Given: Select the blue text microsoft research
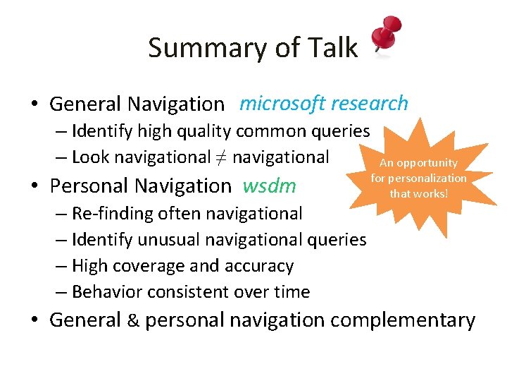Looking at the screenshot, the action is (323, 104).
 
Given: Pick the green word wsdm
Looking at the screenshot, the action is (269, 186).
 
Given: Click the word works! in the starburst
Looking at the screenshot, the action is (434, 193).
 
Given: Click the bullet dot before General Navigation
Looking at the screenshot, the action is (35, 104).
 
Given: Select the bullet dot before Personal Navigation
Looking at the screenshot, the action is (35, 186).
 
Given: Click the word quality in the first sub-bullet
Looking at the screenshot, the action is (202, 131).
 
